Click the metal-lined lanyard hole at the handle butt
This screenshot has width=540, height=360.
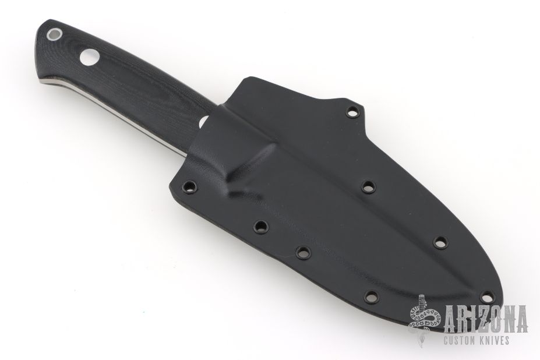point(55,34)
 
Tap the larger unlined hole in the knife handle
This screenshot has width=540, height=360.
point(89,57)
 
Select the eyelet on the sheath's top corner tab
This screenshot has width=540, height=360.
point(352,112)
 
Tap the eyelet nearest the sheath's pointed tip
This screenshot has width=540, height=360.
point(486,295)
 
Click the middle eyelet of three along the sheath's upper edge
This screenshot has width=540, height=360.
point(369,188)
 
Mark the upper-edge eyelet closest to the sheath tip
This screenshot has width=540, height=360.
point(440,242)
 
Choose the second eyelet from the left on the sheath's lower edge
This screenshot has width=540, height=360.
point(261,226)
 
